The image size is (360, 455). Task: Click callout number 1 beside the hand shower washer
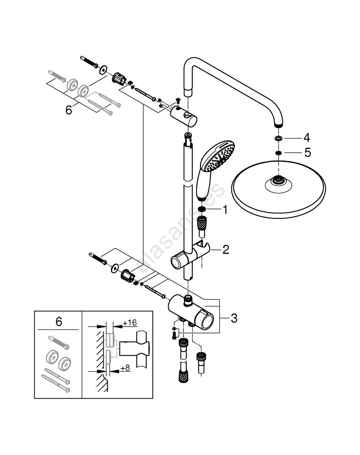pyautogui.click(x=224, y=210)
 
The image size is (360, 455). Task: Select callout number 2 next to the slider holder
pyautogui.click(x=225, y=249)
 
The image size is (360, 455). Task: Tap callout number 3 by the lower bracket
pyautogui.click(x=234, y=318)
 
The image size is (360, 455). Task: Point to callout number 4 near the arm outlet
pyautogui.click(x=307, y=137)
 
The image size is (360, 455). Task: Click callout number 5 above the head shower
pyautogui.click(x=307, y=153)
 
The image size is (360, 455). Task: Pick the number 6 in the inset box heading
pyautogui.click(x=59, y=322)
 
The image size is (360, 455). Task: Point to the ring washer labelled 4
pyautogui.click(x=278, y=138)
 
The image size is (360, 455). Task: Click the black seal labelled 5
pyautogui.click(x=278, y=153)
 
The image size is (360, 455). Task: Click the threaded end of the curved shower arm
pyautogui.click(x=278, y=124)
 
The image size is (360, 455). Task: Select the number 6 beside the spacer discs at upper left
pyautogui.click(x=69, y=110)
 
